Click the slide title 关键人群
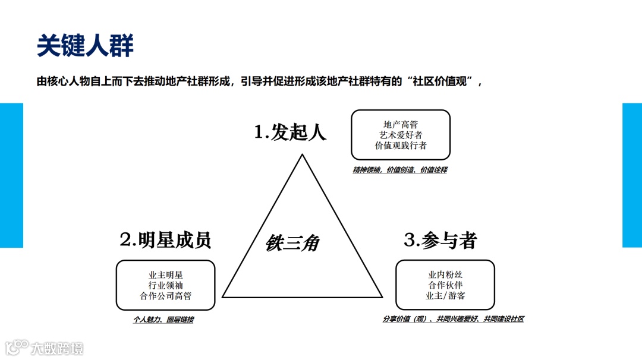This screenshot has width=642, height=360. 85,45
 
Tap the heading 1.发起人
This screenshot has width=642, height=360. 290,131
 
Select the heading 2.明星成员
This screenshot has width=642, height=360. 165,240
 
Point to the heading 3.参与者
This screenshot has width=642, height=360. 440,240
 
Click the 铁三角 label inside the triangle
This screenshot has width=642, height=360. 292,243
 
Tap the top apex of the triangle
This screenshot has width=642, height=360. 303,156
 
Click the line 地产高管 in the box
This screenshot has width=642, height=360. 401,124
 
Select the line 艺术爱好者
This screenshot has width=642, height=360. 401,135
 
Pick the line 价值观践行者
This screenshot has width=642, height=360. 401,146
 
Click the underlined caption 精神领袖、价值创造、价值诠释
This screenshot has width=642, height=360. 399,170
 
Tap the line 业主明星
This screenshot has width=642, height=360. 165,275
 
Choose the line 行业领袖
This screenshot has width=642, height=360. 165,285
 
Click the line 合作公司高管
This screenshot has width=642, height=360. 165,296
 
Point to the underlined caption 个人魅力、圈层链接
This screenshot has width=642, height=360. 163,320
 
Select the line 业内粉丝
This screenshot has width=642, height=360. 445,274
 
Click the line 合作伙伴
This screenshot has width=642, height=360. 445,285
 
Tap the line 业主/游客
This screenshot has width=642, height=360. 445,295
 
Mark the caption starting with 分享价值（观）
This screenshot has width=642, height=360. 453,319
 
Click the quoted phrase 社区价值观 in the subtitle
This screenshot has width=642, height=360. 442,83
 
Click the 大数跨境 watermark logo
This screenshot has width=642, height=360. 45,348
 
